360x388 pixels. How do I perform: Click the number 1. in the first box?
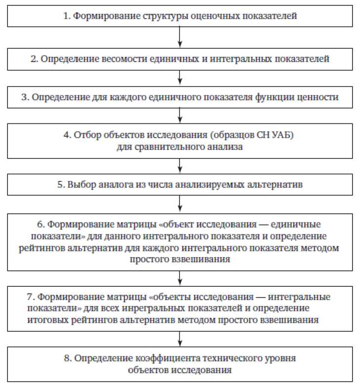pyautogui.click(x=67, y=16)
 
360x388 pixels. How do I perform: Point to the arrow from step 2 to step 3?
pyautogui.click(x=180, y=78)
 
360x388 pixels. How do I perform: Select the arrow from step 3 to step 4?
pyautogui.click(x=180, y=115)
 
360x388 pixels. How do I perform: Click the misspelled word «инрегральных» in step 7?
pyautogui.click(x=158, y=309)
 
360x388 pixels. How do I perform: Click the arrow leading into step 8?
pyautogui.click(x=180, y=339)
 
